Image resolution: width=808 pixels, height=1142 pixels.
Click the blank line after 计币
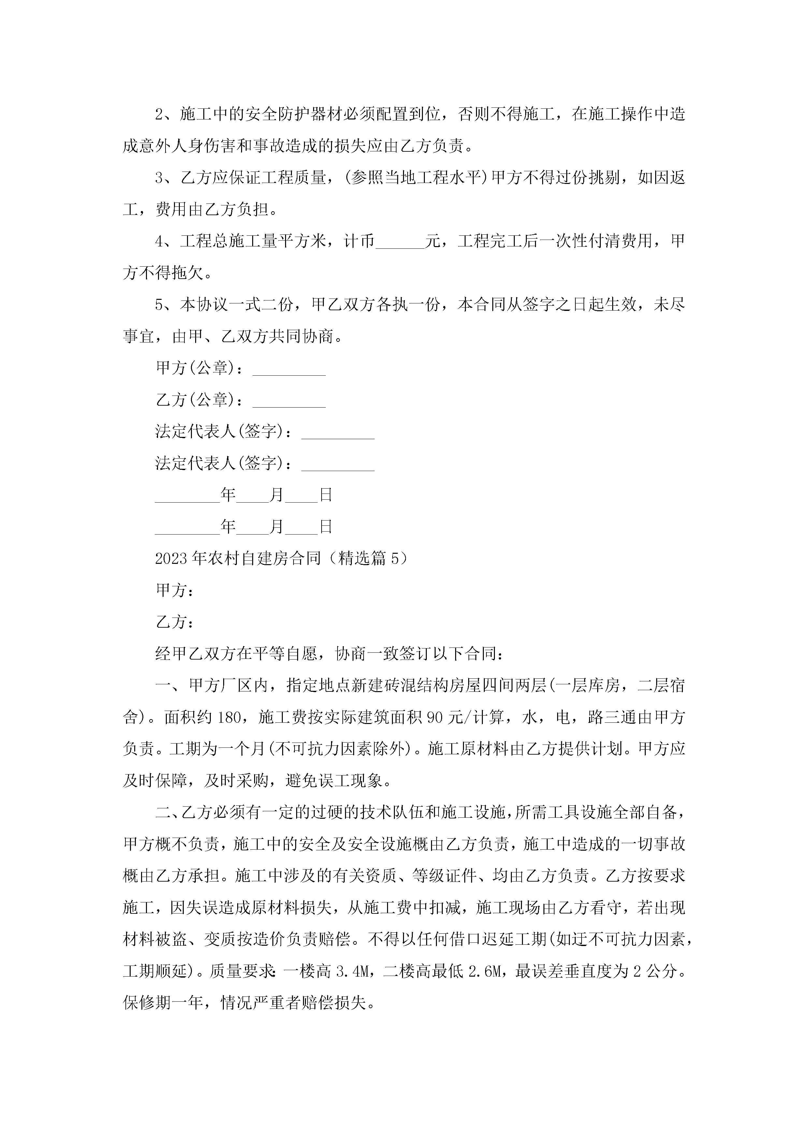coord(400,242)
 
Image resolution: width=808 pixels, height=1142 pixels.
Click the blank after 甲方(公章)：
coord(289,369)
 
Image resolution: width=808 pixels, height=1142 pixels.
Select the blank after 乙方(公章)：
coord(289,401)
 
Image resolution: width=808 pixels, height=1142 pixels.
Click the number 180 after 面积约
coord(229,717)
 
